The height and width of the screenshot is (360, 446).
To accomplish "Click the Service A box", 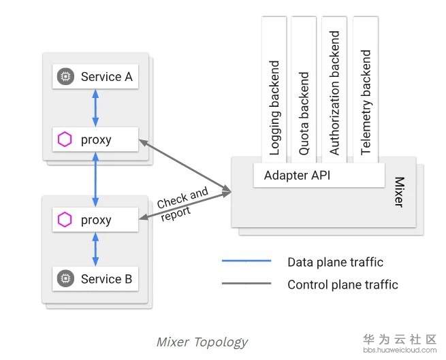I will coord(95,77).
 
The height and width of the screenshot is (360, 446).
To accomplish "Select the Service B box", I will coord(95,278).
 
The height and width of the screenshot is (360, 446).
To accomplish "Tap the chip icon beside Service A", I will coord(65,77).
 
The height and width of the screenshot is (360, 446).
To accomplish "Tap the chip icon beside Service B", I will coord(65,278).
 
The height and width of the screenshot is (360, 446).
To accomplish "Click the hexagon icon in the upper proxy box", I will coord(65,140).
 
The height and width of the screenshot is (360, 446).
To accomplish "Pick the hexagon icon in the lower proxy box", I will coord(65,220).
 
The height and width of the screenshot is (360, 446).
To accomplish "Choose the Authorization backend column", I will coord(334,88).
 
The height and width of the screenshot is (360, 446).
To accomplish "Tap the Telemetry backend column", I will coord(366,88).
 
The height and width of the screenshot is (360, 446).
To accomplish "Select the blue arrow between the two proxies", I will coord(95,180).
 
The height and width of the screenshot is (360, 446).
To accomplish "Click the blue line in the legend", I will coord(246,261).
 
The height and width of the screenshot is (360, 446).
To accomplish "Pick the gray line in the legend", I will coord(246,284).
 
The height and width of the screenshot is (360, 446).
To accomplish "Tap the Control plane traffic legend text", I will coord(343,284).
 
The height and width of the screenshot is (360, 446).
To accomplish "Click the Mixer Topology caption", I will coord(202,341).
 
